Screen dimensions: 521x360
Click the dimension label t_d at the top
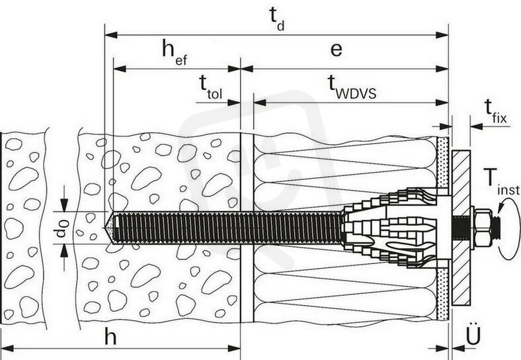[277, 19]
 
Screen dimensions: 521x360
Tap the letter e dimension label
[337, 50]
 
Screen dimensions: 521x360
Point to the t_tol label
[211, 87]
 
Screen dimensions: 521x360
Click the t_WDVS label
[352, 87]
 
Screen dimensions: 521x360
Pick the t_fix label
[495, 112]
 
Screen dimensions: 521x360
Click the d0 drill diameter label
[62, 228]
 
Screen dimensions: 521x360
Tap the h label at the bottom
[110, 337]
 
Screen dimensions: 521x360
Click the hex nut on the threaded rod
[483, 228]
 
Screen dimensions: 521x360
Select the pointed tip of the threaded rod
[106, 228]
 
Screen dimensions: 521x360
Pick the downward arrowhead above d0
[64, 204]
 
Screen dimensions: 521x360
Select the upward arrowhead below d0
[64, 251]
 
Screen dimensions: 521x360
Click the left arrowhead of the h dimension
[7, 349]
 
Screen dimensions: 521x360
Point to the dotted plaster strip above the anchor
[442, 162]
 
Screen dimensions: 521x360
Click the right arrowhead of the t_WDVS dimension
[442, 103]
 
